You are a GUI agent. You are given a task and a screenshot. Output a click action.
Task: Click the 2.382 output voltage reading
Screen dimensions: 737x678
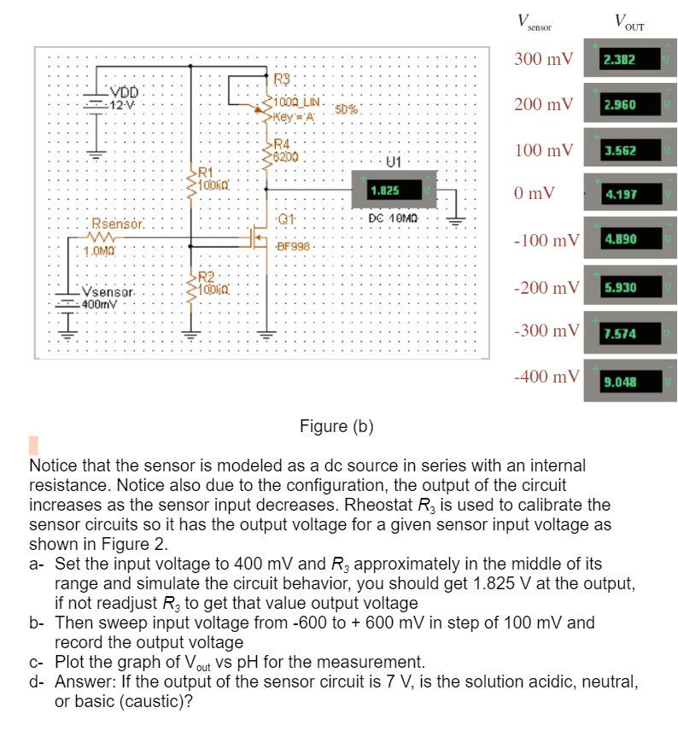click(x=618, y=61)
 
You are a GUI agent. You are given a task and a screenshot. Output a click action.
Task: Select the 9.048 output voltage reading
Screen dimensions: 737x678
click(x=618, y=380)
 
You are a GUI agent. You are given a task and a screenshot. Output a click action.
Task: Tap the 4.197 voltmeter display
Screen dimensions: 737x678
click(x=618, y=195)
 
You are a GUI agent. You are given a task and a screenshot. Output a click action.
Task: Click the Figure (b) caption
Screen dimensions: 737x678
click(x=337, y=426)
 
